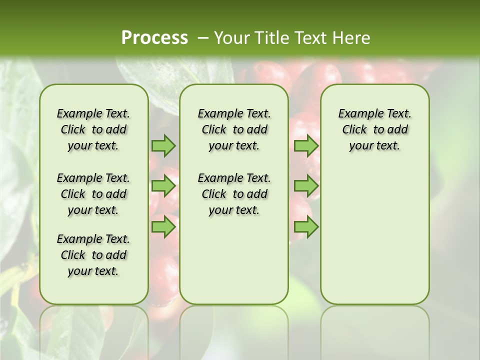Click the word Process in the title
[154, 37]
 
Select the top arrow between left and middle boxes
[163, 145]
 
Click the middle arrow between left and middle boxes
[163, 186]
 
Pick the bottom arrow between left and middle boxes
[163, 226]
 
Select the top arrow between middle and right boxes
[306, 145]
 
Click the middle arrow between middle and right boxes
[306, 186]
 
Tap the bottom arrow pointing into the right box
[306, 226]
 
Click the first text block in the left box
[93, 129]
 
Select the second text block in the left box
[93, 194]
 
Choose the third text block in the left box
[93, 255]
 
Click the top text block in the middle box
[234, 129]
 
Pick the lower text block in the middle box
[234, 194]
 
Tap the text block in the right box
[374, 129]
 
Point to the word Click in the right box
[354, 130]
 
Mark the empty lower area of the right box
[374, 235]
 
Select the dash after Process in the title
[202, 37]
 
